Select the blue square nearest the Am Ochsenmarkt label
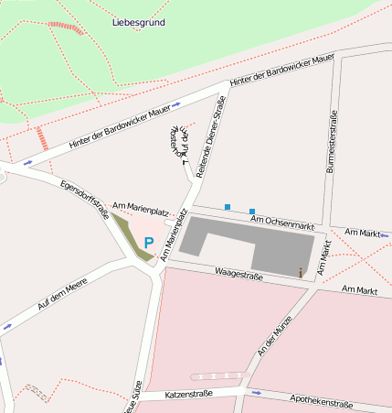click(252, 212)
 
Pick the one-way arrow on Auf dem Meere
click(7, 325)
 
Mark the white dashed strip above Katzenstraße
click(217, 375)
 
